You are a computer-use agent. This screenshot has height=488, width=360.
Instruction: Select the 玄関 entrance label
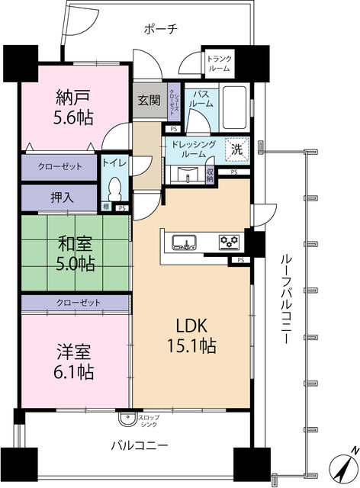[148, 100]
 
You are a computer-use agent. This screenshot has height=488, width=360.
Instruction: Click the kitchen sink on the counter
[184, 242]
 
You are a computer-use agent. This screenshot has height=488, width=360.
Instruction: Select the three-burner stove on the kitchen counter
[228, 242]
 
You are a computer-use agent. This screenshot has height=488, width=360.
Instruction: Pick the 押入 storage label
[63, 197]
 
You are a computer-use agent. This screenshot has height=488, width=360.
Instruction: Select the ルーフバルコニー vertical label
[281, 297]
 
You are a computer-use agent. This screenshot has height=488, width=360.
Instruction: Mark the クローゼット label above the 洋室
[78, 303]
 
